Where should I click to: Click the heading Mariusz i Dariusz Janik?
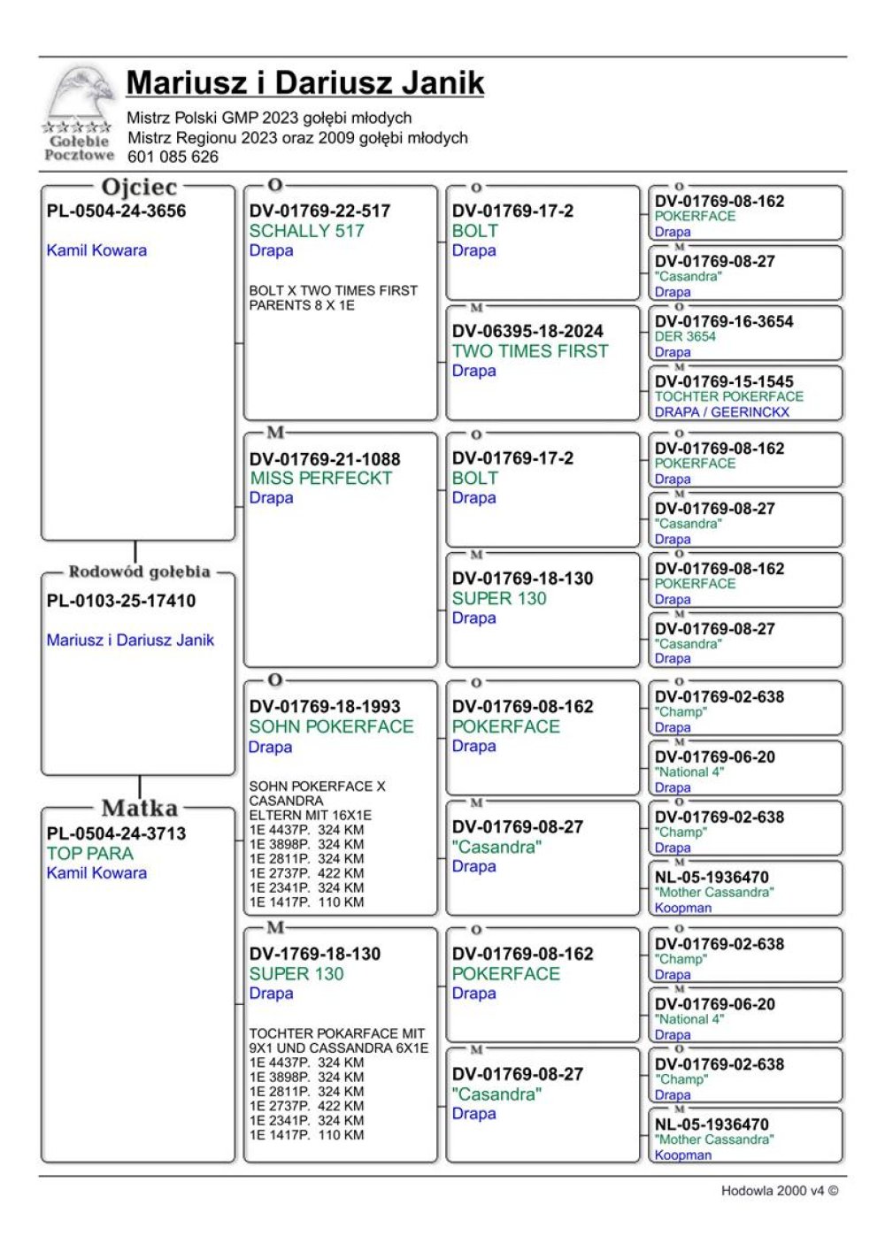coord(304,82)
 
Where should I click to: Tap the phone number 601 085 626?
coord(173,157)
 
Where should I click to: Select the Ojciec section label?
coord(139,187)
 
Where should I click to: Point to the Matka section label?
coord(139,808)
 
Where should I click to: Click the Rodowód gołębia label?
coord(139,572)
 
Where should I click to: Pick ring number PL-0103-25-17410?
coord(121,601)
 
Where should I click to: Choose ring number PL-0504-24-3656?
coord(116,211)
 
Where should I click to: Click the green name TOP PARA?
coord(90,854)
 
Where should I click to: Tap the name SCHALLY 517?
coord(306,231)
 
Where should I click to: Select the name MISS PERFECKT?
coord(320,478)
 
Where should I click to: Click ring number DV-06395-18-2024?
coord(527,331)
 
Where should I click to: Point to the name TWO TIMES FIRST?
coord(530,351)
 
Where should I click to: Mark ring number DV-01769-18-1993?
coord(325,706)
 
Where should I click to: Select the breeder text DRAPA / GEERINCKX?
coord(722,411)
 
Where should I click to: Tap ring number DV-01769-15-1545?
coord(724,381)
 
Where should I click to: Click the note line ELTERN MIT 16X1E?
coord(310,815)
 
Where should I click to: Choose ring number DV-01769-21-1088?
coord(325,458)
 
